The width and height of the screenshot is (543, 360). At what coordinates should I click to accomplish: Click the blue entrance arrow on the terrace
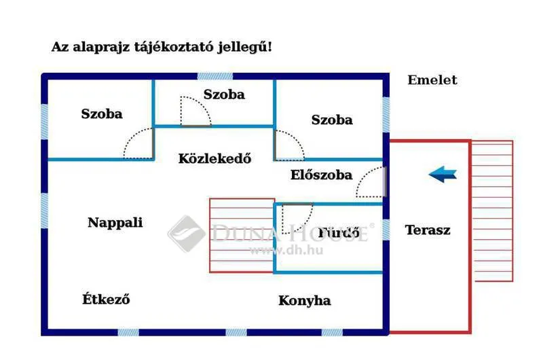[443, 174]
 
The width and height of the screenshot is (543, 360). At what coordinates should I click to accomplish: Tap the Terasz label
[428, 230]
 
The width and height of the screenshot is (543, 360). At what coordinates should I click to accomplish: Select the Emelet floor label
[432, 80]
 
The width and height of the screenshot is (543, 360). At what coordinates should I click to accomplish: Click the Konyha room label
[304, 301]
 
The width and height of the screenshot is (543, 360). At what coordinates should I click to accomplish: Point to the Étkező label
[106, 299]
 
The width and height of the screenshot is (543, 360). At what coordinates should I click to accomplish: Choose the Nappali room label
[115, 222]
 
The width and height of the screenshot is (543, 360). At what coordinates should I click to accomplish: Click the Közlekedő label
[214, 158]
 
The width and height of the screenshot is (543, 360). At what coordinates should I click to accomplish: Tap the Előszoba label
[321, 175]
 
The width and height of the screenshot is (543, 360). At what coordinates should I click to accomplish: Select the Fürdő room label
[339, 232]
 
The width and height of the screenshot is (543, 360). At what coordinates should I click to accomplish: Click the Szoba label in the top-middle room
[224, 94]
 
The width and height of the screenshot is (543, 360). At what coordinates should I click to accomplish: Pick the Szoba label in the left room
[102, 113]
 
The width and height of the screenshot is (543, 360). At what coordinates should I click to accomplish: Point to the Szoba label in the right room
[332, 120]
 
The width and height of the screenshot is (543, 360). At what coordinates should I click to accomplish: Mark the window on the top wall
[215, 76]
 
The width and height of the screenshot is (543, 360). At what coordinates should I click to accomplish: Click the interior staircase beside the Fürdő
[242, 235]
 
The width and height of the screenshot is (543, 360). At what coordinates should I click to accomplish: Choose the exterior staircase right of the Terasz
[492, 211]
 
